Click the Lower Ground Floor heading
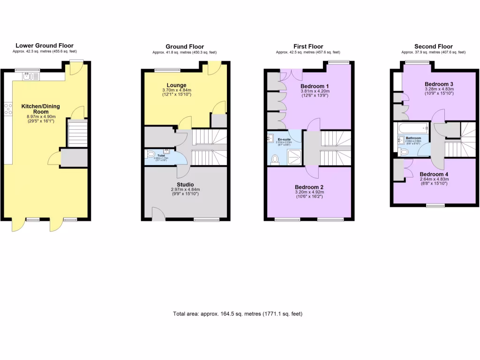point(45,45)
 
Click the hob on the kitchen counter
point(8,109)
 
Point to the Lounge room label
point(176,85)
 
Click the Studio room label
point(185,184)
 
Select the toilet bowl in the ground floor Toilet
point(150,154)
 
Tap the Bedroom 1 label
point(314,86)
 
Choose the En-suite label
point(283,139)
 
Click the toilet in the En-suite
point(275,159)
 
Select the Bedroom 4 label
point(434,174)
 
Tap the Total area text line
point(238,314)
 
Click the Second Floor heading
point(434,46)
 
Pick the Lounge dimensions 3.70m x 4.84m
point(176,90)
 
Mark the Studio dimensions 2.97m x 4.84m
point(185,190)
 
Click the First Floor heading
point(308,46)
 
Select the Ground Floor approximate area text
point(185,52)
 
